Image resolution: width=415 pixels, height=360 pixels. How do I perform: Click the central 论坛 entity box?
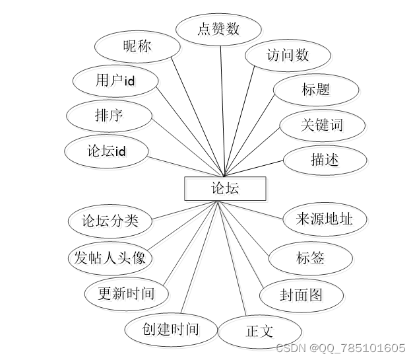point(225,188)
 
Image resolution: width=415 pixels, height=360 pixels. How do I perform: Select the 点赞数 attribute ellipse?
point(218,29)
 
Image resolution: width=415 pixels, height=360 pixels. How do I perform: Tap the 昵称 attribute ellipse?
point(137,46)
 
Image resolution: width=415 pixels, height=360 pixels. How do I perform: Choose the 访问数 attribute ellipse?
point(287,55)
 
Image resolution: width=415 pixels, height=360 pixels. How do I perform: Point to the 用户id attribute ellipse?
point(115,81)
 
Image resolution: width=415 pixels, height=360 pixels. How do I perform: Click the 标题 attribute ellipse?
point(316,89)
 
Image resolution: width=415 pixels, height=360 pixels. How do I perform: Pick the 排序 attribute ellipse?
point(109,116)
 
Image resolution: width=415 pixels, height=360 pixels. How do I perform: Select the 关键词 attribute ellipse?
point(322,124)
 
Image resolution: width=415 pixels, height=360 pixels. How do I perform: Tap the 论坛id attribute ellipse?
point(106,151)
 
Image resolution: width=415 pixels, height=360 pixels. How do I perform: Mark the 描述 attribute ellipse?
point(325,159)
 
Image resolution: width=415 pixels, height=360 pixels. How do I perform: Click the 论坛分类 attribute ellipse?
point(110,221)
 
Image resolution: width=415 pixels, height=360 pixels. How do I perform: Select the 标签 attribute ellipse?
point(311,257)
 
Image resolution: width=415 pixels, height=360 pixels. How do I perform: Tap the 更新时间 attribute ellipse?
point(126,293)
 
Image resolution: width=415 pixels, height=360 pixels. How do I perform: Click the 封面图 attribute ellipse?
point(302,295)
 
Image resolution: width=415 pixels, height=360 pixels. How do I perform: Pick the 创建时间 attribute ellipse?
point(170,328)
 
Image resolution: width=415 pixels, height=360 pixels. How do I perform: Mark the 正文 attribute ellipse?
point(259,332)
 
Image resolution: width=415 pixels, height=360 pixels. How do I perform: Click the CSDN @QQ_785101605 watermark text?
point(340,348)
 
